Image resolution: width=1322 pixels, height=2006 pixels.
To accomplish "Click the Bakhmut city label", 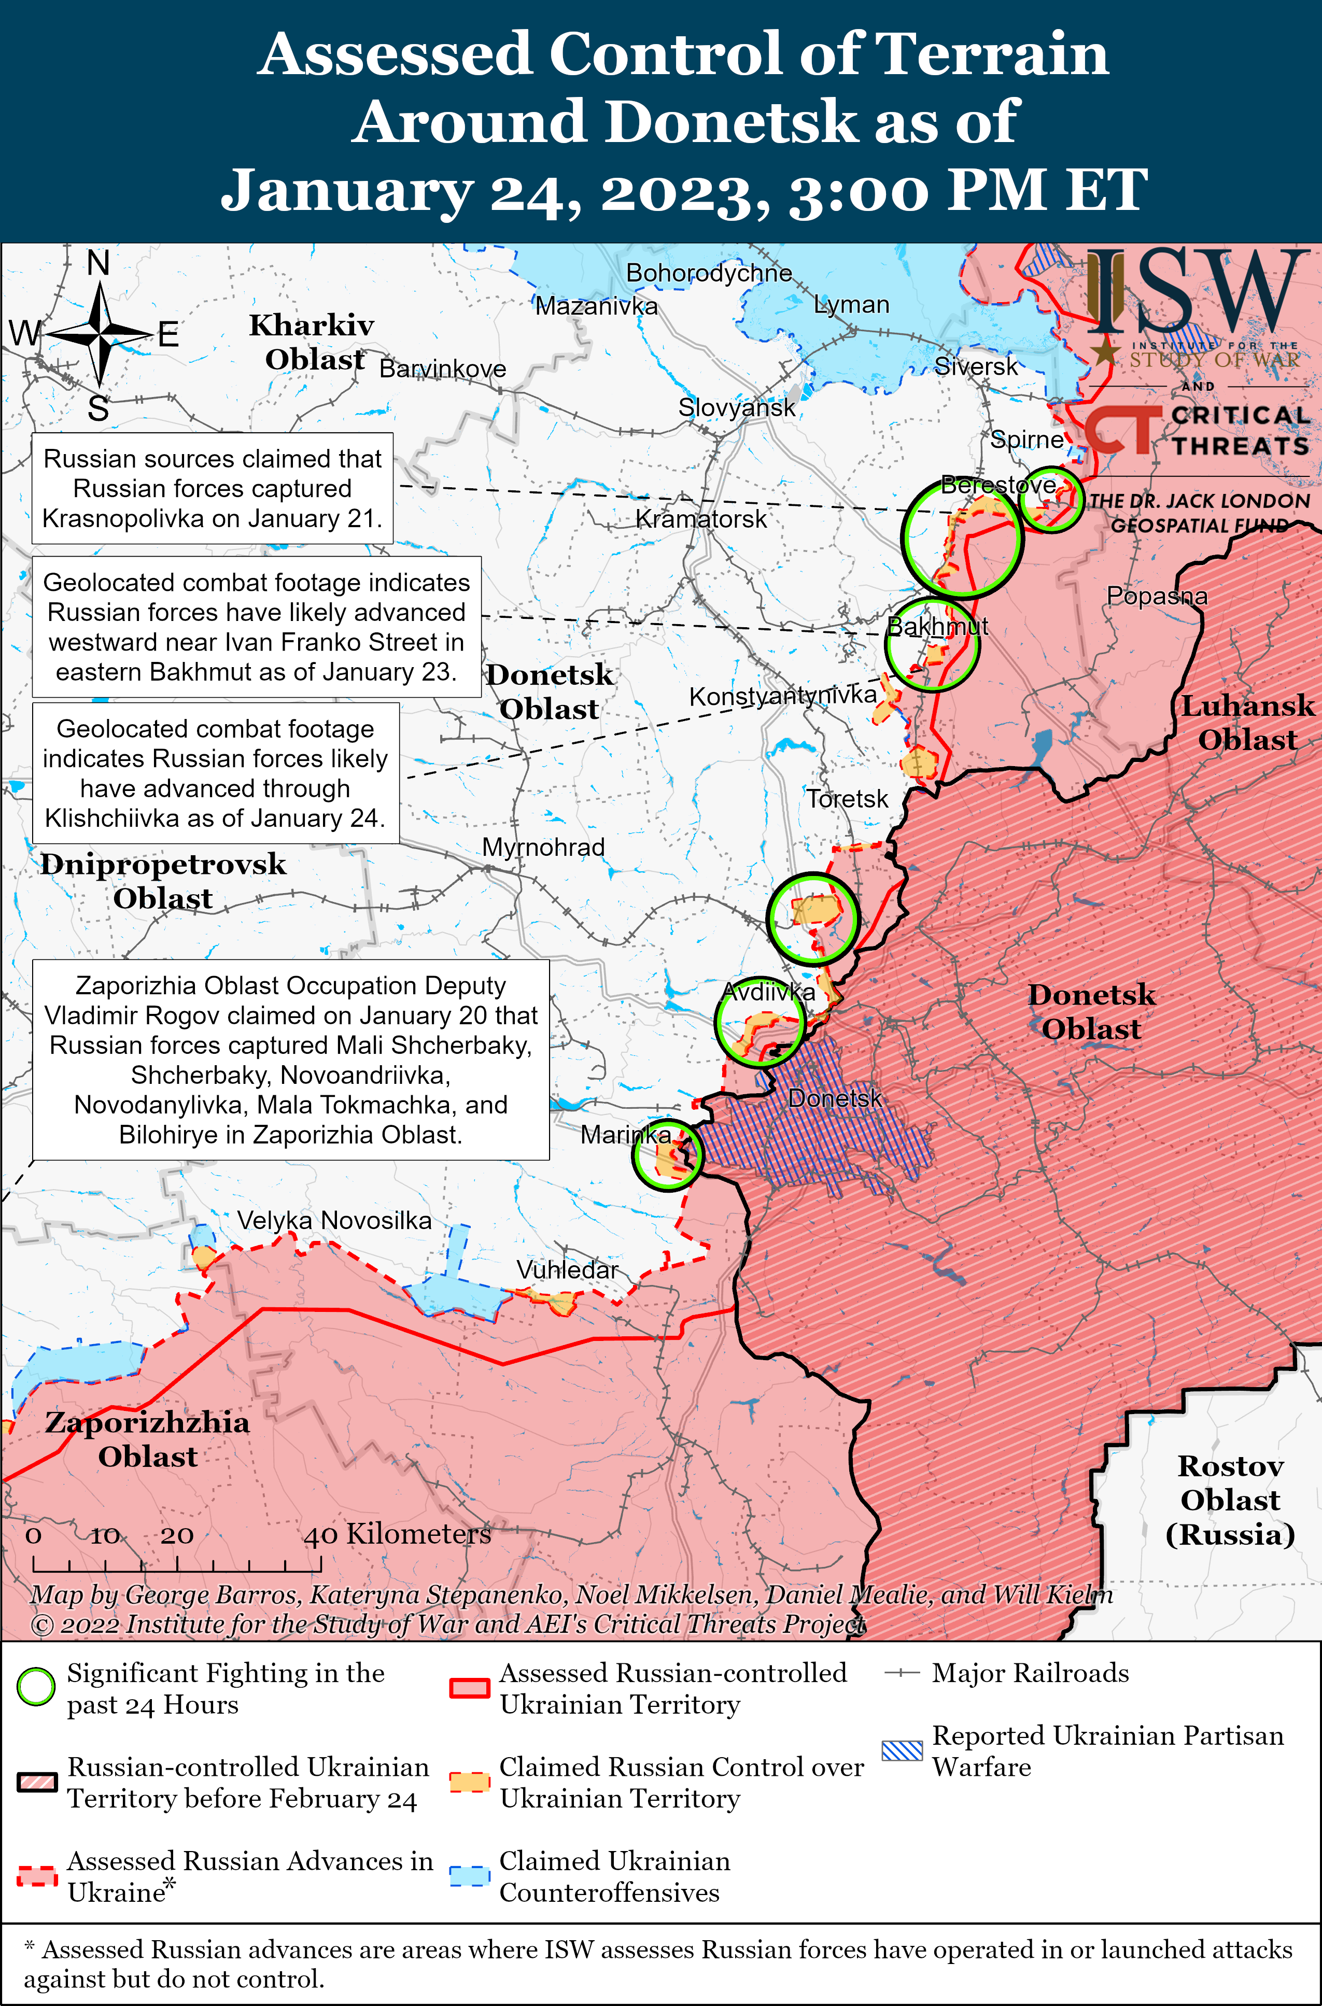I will (x=937, y=626).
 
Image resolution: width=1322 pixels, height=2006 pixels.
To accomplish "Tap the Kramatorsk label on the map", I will (x=700, y=519).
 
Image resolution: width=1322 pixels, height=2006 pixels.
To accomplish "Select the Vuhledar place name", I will (x=567, y=1269).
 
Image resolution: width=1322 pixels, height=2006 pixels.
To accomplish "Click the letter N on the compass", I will (x=99, y=264).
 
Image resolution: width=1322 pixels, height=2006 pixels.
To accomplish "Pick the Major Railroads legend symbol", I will (x=902, y=1673).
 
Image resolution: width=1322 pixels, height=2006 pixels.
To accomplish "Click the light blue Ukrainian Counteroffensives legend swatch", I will (x=469, y=1876).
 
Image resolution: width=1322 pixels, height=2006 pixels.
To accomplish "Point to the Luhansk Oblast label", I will (x=1246, y=723).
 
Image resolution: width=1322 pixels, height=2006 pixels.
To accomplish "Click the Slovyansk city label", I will (x=736, y=408).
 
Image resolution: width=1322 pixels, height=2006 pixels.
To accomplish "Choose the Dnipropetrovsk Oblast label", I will (x=163, y=881).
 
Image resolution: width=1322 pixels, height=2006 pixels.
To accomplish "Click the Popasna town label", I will (x=1156, y=596).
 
